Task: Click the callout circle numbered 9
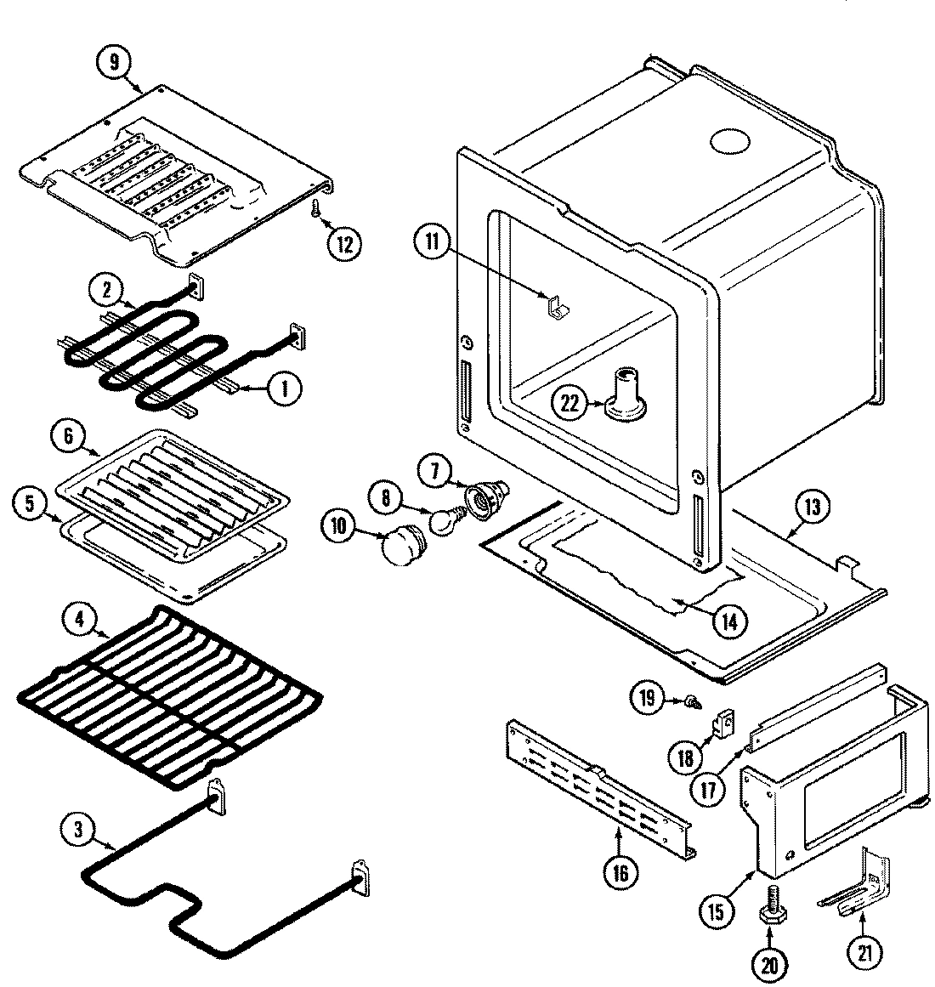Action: (x=116, y=62)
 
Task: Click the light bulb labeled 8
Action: (x=442, y=521)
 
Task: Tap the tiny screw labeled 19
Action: (x=693, y=701)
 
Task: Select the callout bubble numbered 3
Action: (x=78, y=831)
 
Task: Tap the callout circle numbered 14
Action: (x=729, y=621)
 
